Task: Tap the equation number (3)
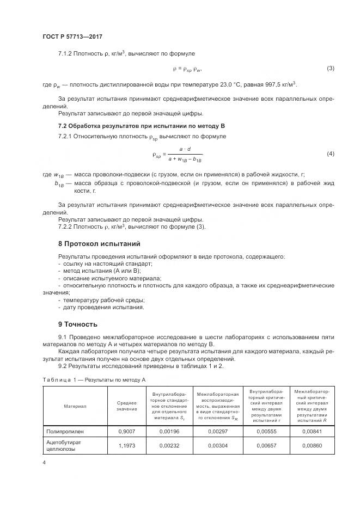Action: (330, 69)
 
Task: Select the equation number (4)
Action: (330, 154)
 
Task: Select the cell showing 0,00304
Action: (217, 445)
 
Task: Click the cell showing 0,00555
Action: (264, 431)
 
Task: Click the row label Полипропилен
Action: (65, 431)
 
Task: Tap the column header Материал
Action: (75, 406)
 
